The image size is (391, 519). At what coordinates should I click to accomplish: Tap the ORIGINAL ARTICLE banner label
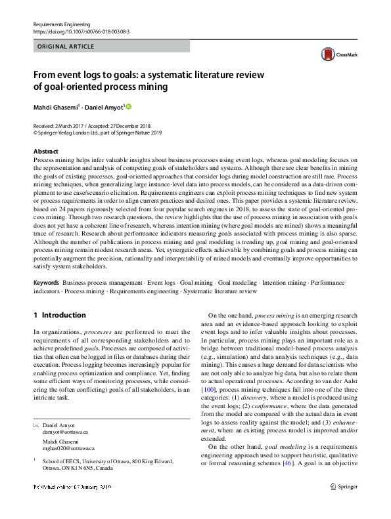tap(66, 47)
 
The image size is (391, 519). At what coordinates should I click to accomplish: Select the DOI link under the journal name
tap(81, 31)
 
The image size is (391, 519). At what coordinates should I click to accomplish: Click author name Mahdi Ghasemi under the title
tap(55, 106)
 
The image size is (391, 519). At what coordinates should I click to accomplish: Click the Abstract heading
tap(45, 152)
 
